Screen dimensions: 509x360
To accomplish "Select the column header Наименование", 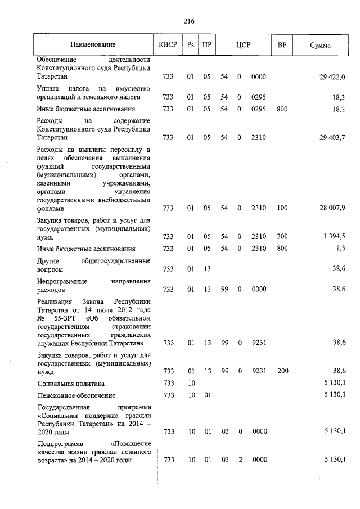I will [93, 44].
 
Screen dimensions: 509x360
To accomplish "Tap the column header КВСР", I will [168, 44].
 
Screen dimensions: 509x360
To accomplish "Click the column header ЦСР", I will [243, 44].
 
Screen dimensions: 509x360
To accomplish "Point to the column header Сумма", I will [320, 44].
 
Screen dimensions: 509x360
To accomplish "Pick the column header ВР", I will [282, 44].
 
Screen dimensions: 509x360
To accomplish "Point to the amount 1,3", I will [340, 249].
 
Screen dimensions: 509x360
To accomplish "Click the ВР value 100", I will [282, 208].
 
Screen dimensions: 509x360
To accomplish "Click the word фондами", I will [49, 208].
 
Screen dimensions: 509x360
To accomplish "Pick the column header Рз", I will [190, 44].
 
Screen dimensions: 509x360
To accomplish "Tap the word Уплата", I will [49, 88].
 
